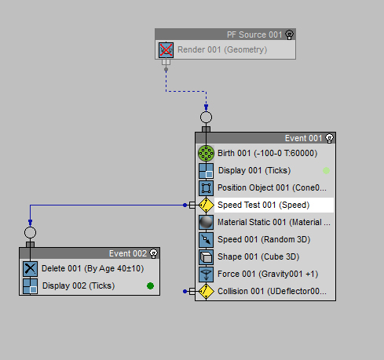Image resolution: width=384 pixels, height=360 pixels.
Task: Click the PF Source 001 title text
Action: point(254,35)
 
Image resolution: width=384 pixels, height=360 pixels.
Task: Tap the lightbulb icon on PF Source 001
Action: point(290,35)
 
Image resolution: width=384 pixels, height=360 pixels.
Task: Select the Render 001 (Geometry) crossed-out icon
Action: point(166,49)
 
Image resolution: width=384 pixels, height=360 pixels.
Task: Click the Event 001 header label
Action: point(303,138)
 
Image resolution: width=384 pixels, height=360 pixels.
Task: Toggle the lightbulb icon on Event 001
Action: point(329,138)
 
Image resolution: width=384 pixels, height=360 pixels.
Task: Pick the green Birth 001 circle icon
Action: point(206,153)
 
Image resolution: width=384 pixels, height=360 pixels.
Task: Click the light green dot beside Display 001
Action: point(326,171)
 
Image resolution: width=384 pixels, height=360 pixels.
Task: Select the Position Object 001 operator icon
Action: point(206,187)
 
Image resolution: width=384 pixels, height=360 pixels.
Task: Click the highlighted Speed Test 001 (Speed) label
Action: point(264,205)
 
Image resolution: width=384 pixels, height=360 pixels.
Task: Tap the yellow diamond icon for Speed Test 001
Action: point(206,205)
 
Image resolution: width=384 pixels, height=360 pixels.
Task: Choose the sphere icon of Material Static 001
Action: point(206,222)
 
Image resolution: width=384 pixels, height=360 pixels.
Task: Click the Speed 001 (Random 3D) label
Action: point(264,239)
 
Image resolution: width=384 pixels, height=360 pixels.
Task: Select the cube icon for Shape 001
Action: point(206,256)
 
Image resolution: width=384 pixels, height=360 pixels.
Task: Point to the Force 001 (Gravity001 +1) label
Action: point(268,274)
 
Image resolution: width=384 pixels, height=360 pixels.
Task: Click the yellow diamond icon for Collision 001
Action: point(206,291)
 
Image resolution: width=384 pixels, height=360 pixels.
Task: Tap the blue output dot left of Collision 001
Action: point(185,291)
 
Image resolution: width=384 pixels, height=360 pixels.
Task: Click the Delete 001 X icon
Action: point(30,268)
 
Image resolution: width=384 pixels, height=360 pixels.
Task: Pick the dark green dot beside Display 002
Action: point(150,286)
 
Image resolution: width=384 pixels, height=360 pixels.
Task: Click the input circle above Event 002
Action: point(30,232)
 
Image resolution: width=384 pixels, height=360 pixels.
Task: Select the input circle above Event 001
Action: point(206,117)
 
